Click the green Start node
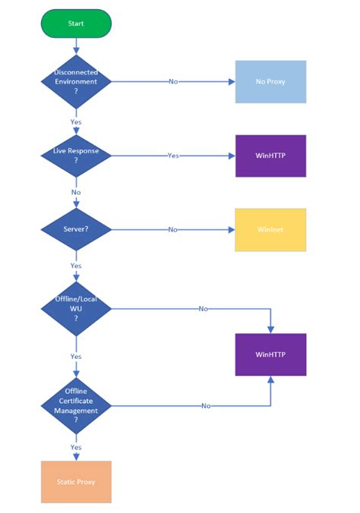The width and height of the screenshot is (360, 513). pos(76,24)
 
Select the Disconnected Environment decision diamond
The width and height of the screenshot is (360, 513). pos(76,81)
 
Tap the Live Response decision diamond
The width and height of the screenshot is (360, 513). pos(76,156)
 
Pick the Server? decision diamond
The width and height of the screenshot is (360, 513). pos(76,229)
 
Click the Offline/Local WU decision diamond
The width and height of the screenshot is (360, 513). pos(76,309)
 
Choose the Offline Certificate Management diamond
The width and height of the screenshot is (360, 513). pos(76,406)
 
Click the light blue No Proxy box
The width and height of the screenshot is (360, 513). pos(270,81)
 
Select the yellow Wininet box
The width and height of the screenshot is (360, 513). pos(270,229)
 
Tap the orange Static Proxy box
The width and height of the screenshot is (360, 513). pos(76,482)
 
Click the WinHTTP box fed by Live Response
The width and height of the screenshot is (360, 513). pos(270,156)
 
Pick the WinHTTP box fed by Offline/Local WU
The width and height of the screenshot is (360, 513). pos(270,354)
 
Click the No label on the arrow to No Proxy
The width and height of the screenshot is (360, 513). pos(173,81)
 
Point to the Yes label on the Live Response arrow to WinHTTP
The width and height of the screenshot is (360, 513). pos(173,156)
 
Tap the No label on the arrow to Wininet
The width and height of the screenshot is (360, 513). pos(173,229)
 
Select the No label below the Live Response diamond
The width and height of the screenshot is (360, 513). pos(76,193)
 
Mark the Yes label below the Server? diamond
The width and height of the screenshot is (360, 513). pos(76,266)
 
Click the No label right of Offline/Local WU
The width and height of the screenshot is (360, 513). pos(203,309)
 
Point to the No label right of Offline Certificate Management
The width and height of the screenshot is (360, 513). pos(206,406)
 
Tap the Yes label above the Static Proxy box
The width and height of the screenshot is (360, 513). pos(76,447)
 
